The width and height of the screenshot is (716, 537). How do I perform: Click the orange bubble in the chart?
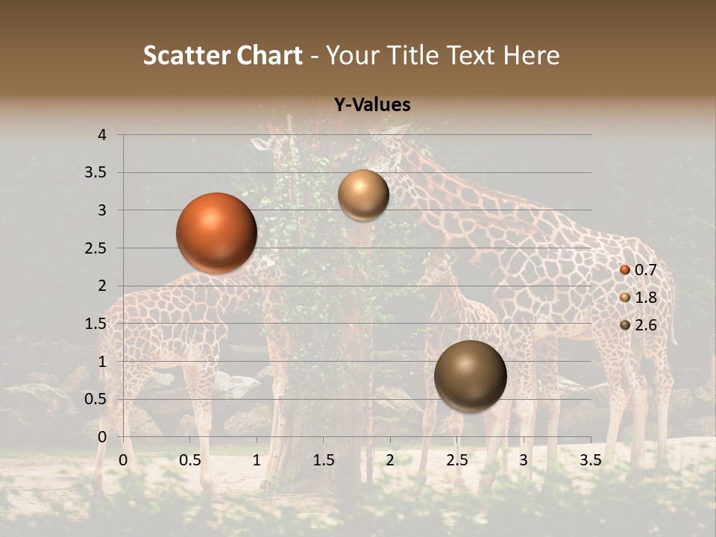pos(217,233)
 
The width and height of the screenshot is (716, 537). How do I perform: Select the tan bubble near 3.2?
pos(363,195)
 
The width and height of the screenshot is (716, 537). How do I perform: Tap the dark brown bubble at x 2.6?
pos(470,376)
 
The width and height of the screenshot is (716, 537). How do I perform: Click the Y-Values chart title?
pos(371,105)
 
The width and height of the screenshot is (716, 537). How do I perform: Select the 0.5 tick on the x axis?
pos(190,460)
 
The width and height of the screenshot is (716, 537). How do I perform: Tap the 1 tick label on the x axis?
pos(257,460)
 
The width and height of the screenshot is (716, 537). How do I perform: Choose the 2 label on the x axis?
pos(390,460)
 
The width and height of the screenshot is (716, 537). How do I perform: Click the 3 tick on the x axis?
pos(524,460)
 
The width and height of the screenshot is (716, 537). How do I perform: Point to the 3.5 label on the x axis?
pos(590,460)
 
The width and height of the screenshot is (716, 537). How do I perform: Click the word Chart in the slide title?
pos(270,55)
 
